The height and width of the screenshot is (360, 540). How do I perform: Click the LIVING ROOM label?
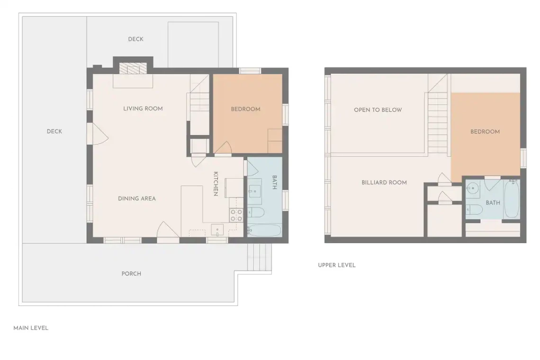coord(143,108)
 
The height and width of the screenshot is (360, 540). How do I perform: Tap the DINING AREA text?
coord(137,198)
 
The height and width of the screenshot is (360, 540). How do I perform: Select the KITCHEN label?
coord(216,184)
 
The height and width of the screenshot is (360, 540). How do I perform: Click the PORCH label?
coord(131,273)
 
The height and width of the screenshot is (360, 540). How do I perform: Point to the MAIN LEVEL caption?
coord(31,328)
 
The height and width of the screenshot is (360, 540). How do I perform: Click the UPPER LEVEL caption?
coord(336,265)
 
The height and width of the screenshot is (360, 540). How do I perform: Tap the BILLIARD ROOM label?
coord(384,182)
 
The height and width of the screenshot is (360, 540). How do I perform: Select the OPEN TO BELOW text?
coord(378,110)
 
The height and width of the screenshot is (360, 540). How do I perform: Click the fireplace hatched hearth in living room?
coord(133,69)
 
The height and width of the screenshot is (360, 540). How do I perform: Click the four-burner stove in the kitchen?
coord(236,216)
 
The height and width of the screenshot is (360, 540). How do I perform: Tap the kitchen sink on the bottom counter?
coord(217,230)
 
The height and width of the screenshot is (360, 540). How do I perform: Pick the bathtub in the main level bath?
coord(264,231)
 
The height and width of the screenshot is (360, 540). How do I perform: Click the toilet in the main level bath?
coord(256,213)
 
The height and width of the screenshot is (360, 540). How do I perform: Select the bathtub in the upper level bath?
coord(512,199)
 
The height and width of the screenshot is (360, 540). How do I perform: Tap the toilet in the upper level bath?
coord(474,209)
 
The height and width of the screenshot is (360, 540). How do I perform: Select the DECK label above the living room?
coord(135,39)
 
